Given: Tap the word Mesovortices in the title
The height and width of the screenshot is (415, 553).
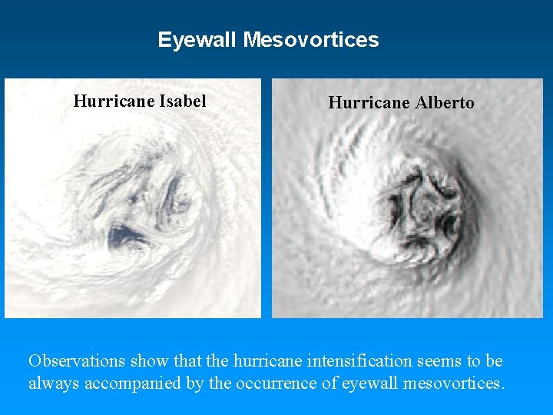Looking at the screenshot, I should coord(310,40).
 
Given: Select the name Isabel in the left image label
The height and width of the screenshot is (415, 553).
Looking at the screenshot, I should coord(183,101).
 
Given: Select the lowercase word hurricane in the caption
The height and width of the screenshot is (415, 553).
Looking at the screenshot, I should coord(270,360).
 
